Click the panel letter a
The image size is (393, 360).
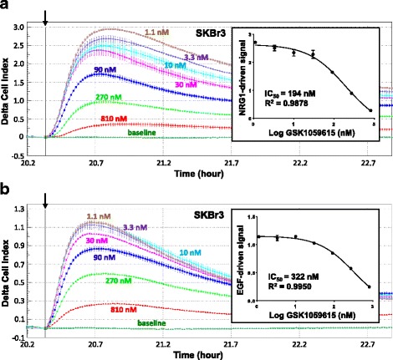[x=6, y=7]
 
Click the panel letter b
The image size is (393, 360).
[x=6, y=189]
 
